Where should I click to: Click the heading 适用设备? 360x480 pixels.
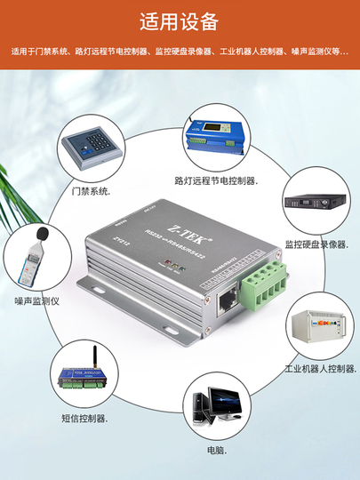coord(180,21)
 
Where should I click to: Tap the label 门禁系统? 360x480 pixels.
coord(92,191)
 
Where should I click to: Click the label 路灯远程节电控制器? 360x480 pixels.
coord(217,181)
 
